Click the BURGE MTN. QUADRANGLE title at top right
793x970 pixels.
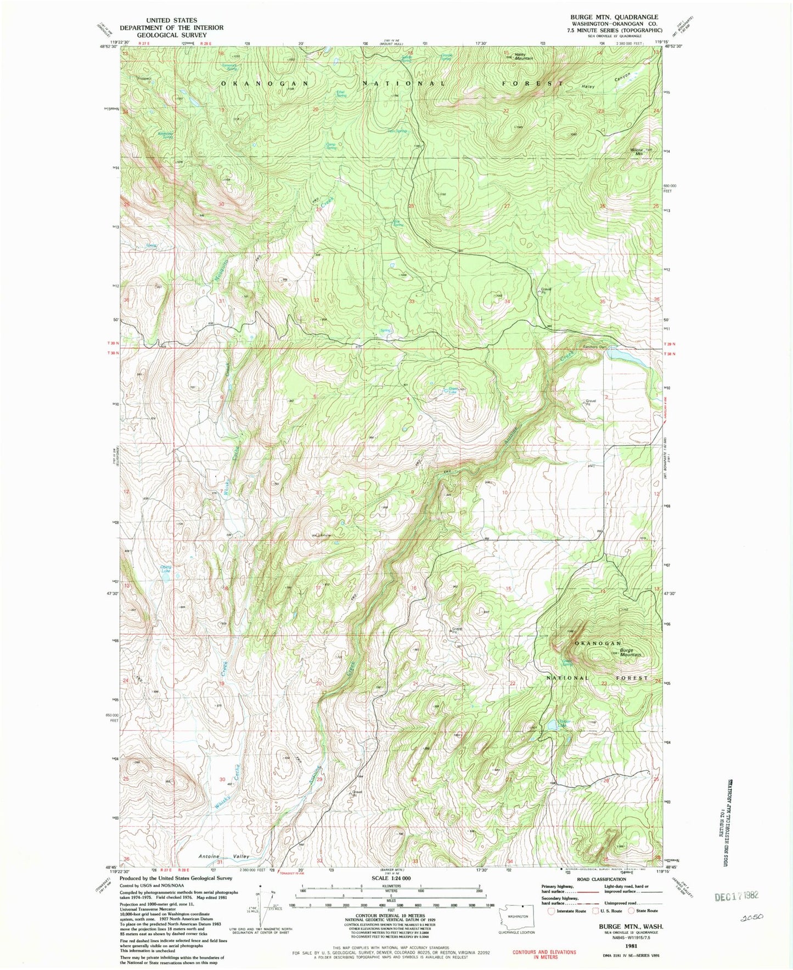(614, 17)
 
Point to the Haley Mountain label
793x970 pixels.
(523, 56)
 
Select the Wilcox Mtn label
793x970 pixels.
(637, 151)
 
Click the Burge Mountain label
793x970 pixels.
(631, 653)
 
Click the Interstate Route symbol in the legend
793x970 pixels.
(552, 911)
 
